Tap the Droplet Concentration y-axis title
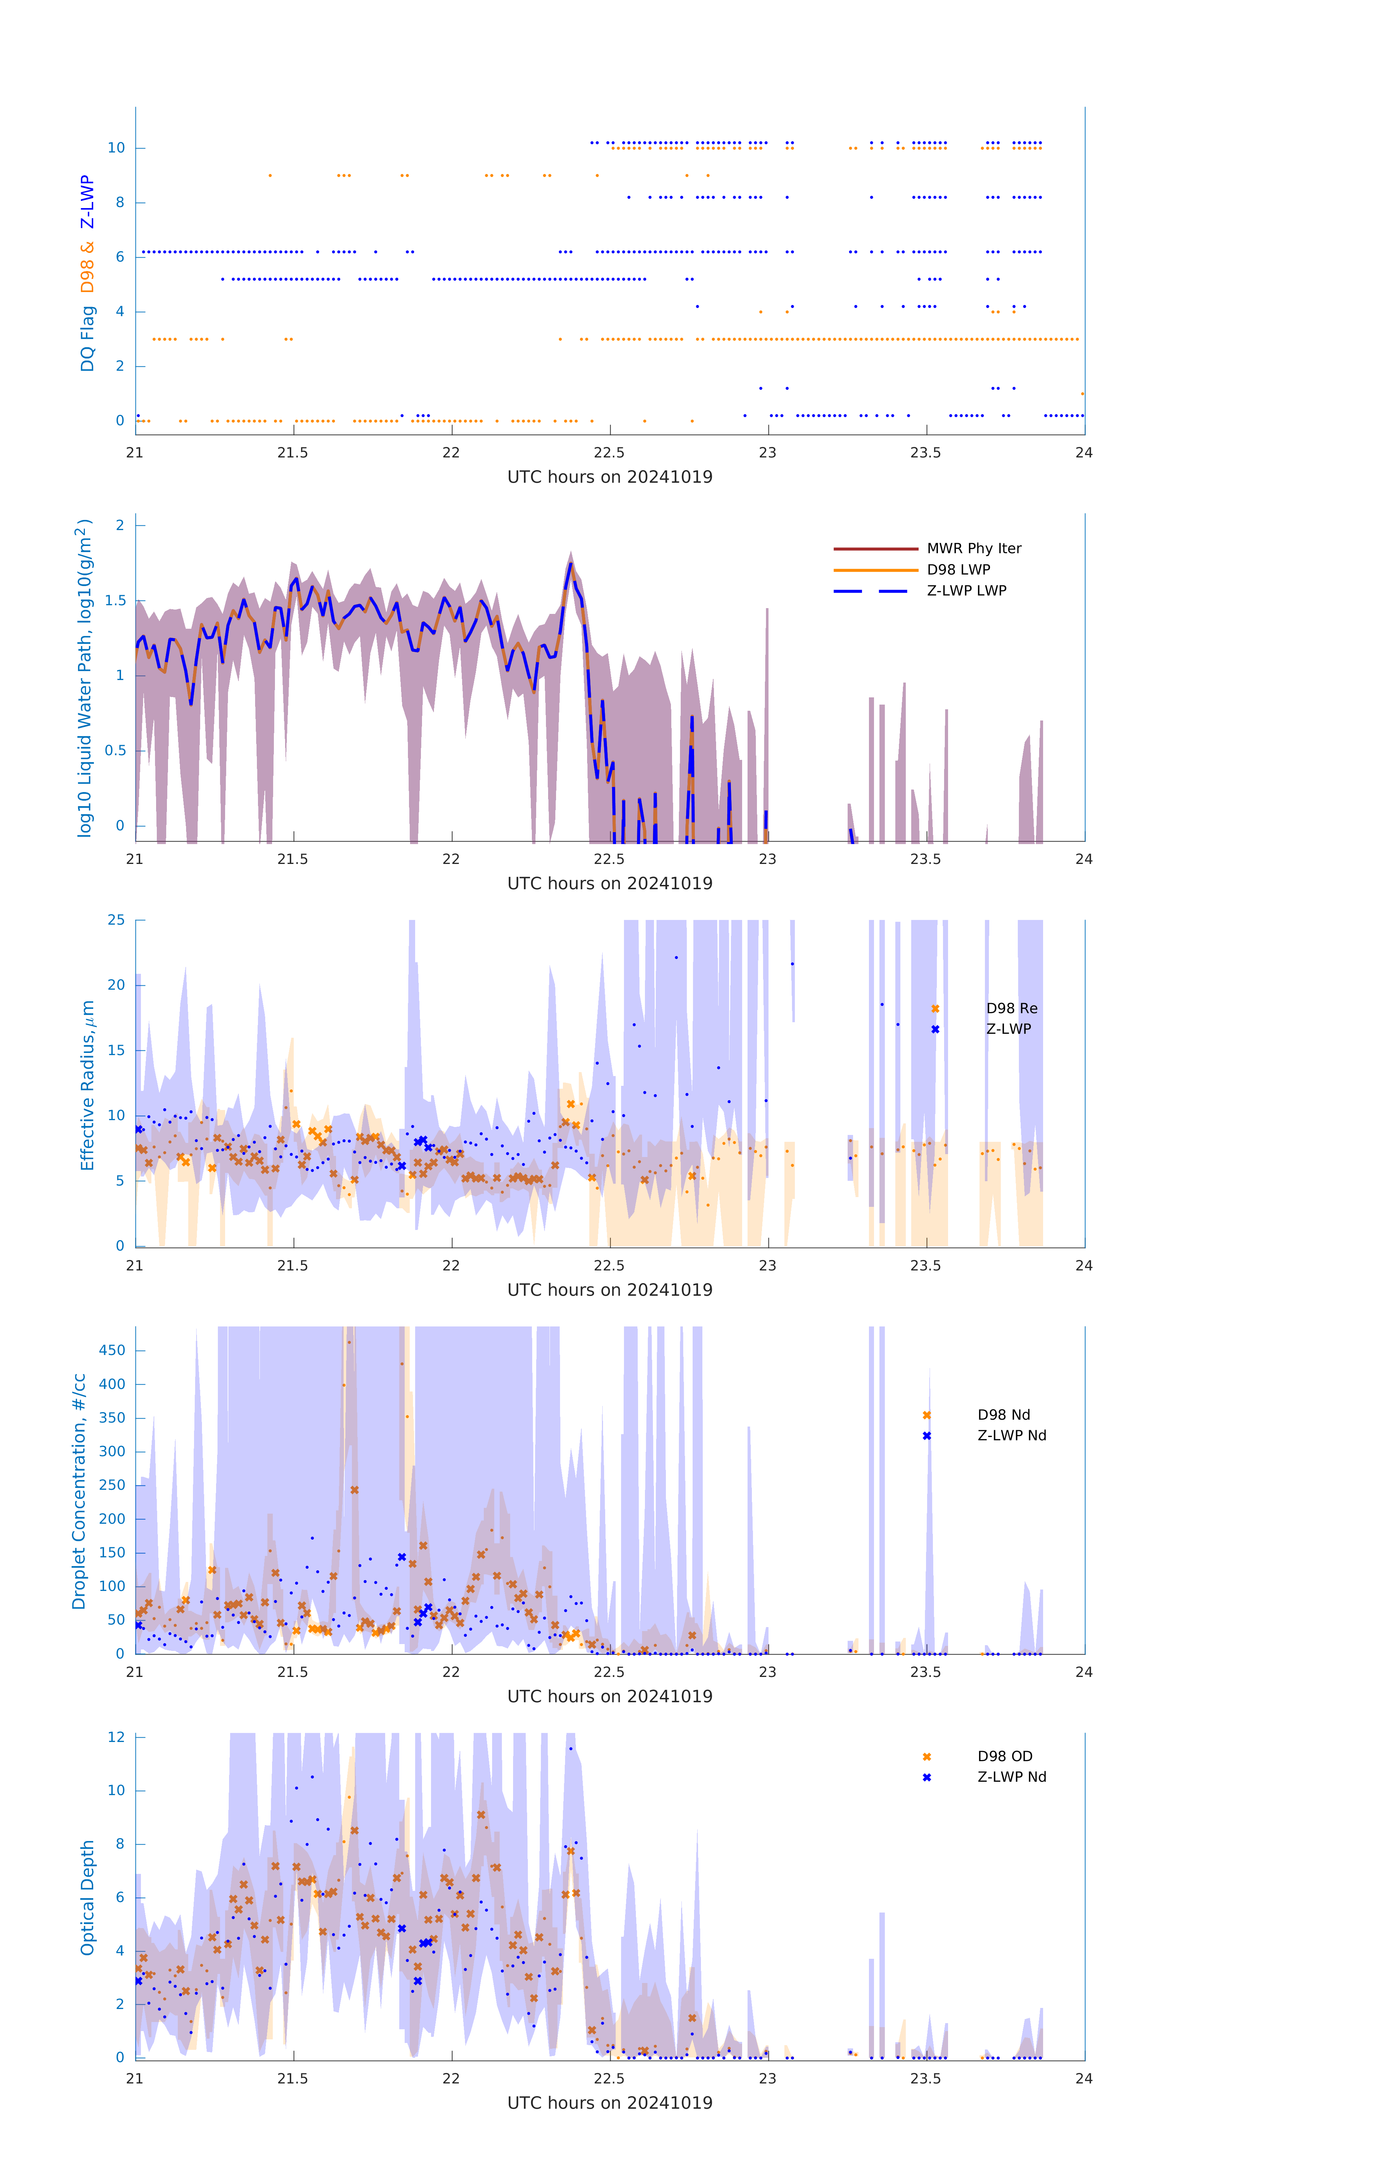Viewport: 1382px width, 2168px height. point(79,1491)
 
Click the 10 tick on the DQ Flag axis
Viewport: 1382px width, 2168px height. point(116,148)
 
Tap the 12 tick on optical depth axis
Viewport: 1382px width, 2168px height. point(116,1737)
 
